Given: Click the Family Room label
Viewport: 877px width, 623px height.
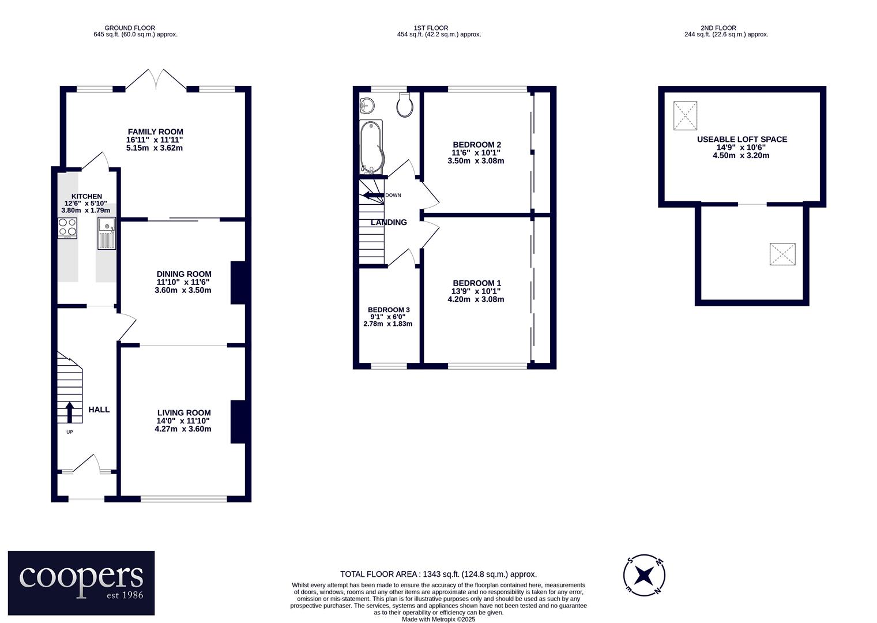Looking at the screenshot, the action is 156,132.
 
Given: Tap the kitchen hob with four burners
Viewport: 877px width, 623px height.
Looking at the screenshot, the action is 67,228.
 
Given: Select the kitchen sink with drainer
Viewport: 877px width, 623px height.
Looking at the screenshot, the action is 107,234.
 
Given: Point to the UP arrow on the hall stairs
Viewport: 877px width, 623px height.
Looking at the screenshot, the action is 70,412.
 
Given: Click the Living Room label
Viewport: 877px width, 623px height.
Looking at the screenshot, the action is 184,412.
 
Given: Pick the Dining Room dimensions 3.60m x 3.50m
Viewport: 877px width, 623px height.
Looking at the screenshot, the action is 183,291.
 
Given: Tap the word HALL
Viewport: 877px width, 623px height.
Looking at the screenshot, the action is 99,410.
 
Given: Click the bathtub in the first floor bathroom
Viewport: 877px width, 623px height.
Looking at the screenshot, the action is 372,147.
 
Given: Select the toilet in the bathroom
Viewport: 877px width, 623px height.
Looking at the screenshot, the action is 405,105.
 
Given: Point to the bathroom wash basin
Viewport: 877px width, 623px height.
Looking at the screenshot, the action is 367,104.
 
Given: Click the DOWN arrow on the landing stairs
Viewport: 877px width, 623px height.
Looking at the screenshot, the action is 373,195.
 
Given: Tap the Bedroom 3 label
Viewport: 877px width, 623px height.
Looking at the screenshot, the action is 389,310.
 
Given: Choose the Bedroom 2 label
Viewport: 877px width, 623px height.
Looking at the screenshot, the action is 477,145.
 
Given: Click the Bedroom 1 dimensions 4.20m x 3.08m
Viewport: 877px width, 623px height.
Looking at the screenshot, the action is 476,299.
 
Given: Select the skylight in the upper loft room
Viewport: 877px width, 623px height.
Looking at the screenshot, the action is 685,115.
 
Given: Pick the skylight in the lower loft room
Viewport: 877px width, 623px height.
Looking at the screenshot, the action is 782,254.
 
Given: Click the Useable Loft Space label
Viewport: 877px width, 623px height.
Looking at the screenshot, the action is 742,140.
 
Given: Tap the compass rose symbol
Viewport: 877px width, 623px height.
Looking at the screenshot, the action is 644,575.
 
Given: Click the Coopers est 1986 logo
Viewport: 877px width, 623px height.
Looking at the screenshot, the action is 81,583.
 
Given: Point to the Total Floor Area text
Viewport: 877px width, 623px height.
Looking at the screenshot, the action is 438,575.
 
